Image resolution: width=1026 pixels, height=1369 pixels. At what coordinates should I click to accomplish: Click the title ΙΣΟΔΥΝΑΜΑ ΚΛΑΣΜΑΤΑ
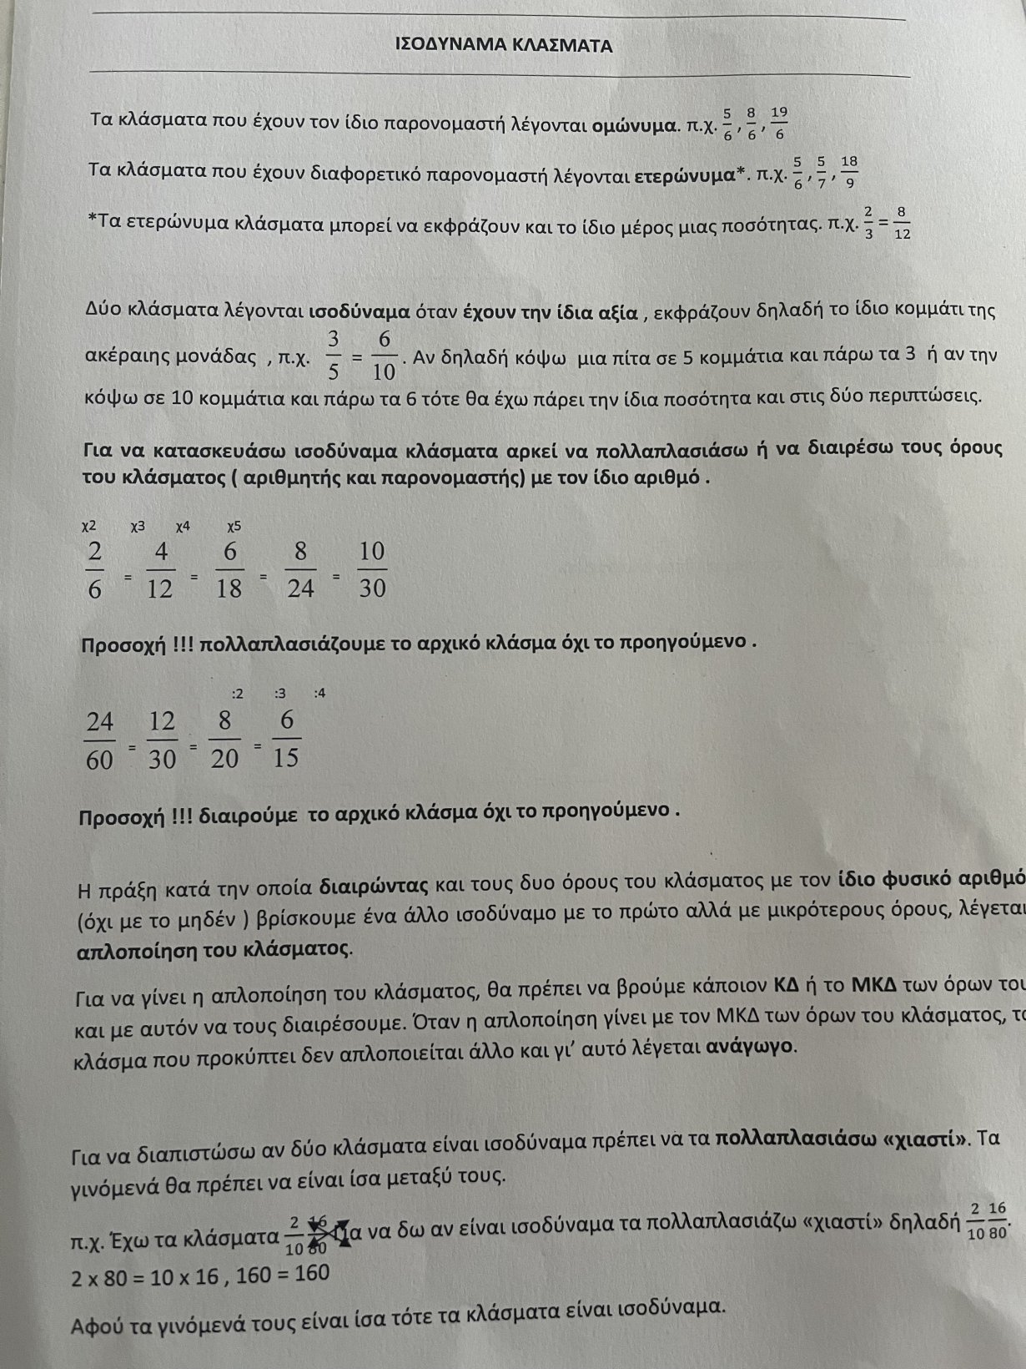click(x=504, y=46)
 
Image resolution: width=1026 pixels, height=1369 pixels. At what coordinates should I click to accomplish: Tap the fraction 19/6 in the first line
click(x=779, y=123)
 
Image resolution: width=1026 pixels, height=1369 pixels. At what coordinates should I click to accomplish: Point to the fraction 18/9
click(x=849, y=172)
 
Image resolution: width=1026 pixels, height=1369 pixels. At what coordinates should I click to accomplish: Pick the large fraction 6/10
click(x=385, y=356)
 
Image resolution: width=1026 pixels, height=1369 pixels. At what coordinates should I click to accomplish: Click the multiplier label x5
click(x=234, y=527)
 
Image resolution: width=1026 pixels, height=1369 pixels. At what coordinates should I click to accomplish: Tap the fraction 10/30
click(x=372, y=569)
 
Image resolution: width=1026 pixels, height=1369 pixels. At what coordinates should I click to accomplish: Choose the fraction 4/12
click(x=160, y=570)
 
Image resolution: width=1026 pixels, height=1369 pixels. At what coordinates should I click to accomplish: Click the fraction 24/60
click(x=99, y=740)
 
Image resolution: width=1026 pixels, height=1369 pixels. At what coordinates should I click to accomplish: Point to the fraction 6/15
click(x=286, y=739)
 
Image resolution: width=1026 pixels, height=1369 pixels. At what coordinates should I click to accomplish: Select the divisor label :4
click(x=319, y=693)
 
